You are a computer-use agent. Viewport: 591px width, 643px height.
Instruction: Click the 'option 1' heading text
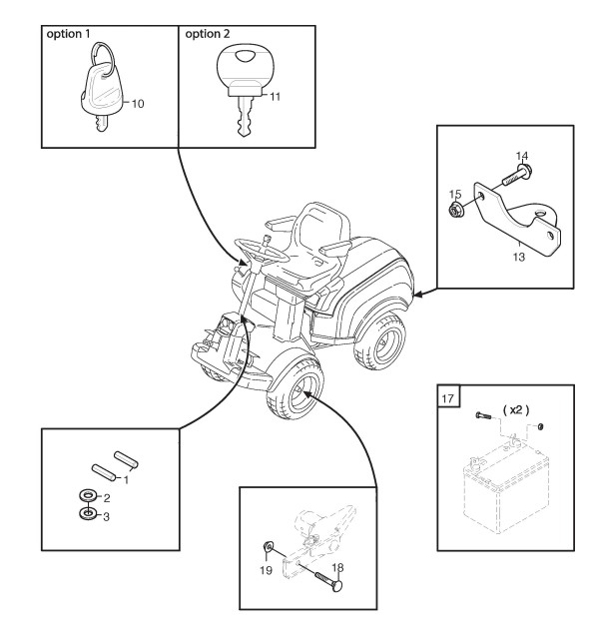(x=68, y=34)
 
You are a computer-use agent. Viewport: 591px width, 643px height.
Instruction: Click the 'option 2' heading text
(x=207, y=34)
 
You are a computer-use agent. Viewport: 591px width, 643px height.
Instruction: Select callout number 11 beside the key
(x=275, y=97)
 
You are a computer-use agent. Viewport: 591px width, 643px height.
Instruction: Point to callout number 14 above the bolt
(x=522, y=156)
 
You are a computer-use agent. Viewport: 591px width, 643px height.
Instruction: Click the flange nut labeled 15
(x=454, y=211)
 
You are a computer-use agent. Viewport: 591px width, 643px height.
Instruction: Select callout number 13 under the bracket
(x=519, y=257)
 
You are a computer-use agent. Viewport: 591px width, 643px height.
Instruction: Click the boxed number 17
(x=448, y=398)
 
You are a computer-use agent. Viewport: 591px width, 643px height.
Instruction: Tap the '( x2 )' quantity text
(x=515, y=409)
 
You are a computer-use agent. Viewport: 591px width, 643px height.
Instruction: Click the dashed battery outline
(x=505, y=489)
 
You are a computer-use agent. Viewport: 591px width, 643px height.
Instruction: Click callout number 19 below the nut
(x=266, y=570)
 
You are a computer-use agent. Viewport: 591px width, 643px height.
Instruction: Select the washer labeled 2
(x=88, y=496)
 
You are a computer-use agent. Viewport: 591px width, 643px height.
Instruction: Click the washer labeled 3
(x=88, y=514)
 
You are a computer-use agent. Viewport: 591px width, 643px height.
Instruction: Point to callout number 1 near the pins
(x=126, y=480)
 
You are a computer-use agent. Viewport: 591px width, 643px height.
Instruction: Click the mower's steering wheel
(x=262, y=251)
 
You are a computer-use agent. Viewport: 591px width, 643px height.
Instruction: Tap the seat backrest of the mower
(x=323, y=224)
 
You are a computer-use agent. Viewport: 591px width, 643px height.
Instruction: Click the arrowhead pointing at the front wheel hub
(x=307, y=394)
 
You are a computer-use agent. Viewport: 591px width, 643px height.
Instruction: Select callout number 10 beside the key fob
(x=138, y=104)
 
